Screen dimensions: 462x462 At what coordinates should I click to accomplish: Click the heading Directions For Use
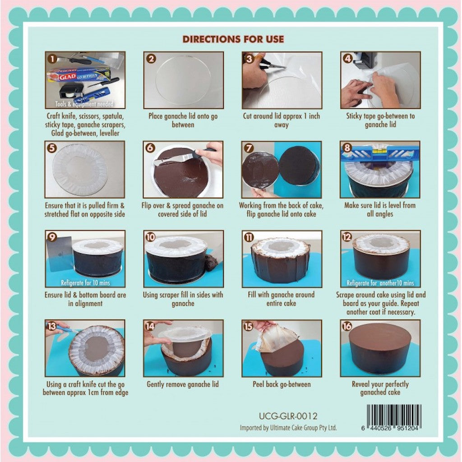click(233, 39)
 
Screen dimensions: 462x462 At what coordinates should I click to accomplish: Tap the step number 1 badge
click(52, 59)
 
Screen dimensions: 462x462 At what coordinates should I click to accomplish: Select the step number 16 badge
click(347, 326)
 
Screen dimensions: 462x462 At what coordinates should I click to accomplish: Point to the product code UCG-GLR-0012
click(288, 416)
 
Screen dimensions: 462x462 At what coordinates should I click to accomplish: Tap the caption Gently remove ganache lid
click(183, 384)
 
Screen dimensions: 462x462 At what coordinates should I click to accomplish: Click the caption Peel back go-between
click(282, 384)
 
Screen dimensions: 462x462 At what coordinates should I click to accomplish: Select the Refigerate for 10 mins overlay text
click(85, 283)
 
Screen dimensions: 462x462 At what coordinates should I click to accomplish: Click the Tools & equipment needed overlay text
click(84, 104)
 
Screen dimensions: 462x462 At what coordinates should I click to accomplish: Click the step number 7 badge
click(249, 148)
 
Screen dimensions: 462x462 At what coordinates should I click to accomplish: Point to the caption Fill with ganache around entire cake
click(281, 299)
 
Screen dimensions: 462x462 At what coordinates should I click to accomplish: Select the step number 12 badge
click(347, 237)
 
